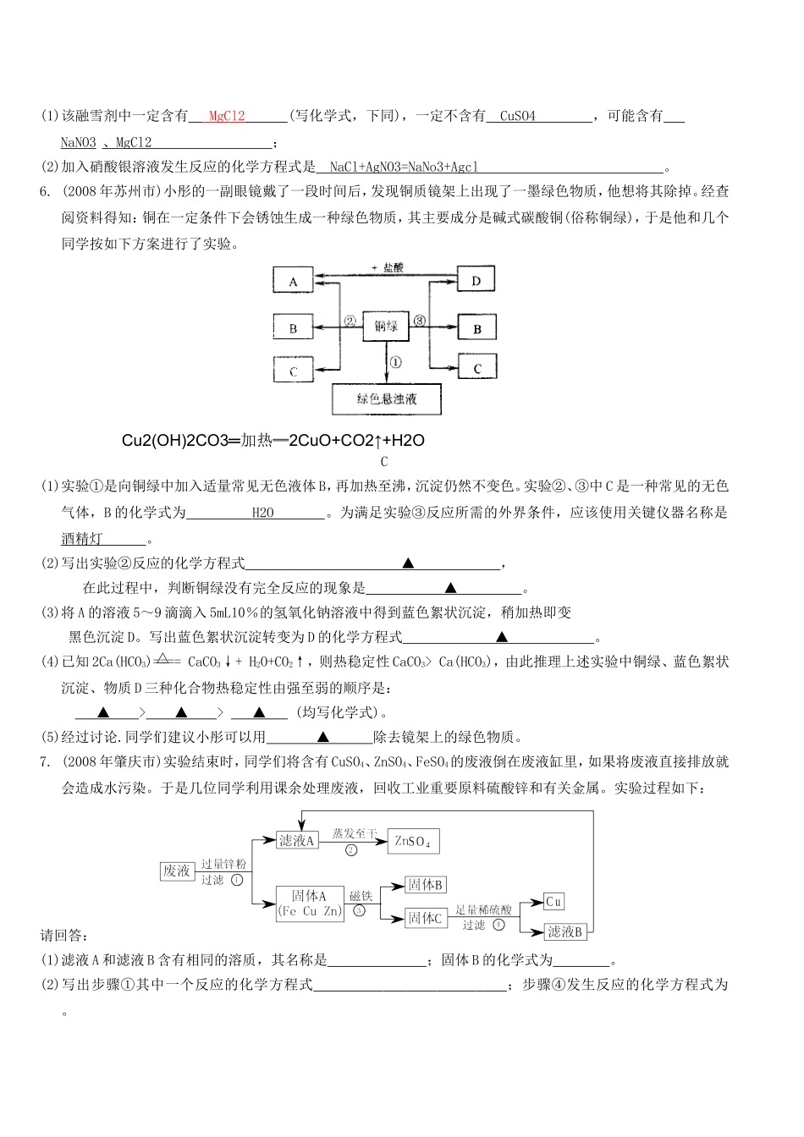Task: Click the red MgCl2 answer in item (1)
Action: pos(226,116)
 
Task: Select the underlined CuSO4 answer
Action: pos(518,116)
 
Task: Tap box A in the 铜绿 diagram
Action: pos(293,281)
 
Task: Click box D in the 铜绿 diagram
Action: pos(476,280)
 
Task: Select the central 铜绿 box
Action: pos(386,325)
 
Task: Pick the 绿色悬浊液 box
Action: pos(387,398)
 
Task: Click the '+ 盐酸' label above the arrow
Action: pos(387,267)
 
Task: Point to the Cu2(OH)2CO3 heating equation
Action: pos(273,440)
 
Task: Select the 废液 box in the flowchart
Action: pos(177,871)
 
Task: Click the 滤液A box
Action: pos(297,841)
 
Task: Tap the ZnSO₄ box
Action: pos(413,841)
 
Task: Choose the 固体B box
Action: pos(425,885)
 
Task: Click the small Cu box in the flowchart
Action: pos(553,902)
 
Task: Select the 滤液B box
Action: pos(565,931)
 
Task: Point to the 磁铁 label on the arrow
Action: pos(361,896)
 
